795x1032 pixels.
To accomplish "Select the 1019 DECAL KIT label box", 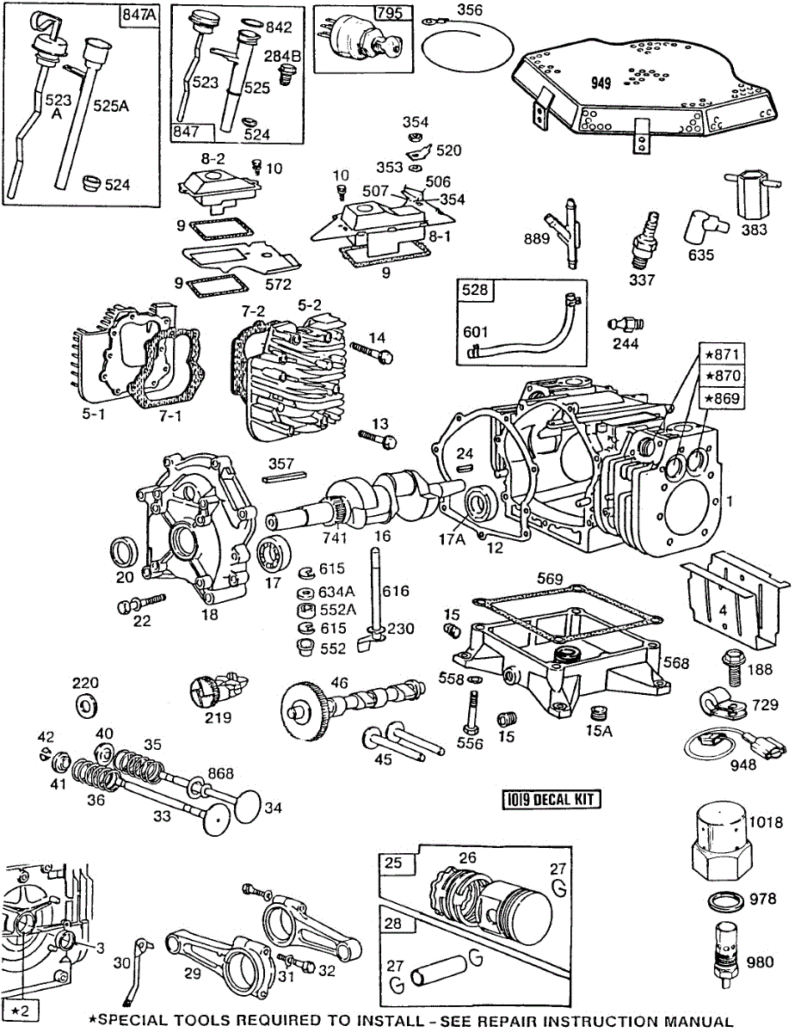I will [552, 800].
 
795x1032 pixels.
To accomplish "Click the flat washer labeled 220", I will [87, 707].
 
